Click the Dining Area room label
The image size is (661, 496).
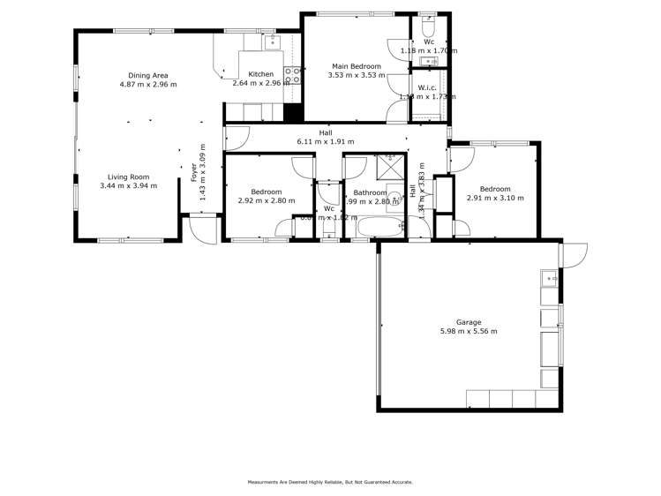point(148,75)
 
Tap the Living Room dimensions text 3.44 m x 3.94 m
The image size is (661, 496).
point(129,186)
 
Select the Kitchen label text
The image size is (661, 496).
point(260,74)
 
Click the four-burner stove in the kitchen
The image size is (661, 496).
point(292,76)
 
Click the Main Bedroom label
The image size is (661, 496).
point(357,66)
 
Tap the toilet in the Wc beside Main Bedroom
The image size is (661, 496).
point(429,22)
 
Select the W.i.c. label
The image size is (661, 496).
point(428,86)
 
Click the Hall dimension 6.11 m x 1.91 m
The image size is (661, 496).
point(326,141)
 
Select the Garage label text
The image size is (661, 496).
point(469,322)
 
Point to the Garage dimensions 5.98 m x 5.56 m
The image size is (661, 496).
point(469,332)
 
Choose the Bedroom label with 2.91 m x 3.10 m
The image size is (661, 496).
point(495,188)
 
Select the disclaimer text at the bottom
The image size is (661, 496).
point(330,482)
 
